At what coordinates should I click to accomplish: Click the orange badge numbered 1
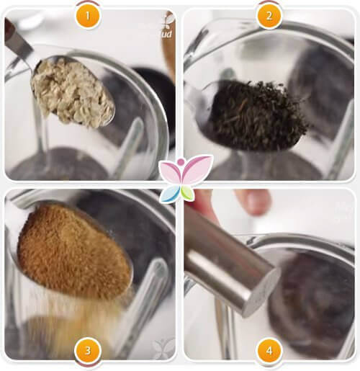pyautogui.click(x=87, y=15)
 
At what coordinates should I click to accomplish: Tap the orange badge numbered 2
pyautogui.click(x=269, y=15)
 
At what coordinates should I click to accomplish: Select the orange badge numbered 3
pyautogui.click(x=87, y=351)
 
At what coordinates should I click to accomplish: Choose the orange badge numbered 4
pyautogui.click(x=269, y=351)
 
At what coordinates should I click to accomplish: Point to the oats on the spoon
pyautogui.click(x=72, y=91)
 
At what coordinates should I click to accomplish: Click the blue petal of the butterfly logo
pyautogui.click(x=173, y=194)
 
